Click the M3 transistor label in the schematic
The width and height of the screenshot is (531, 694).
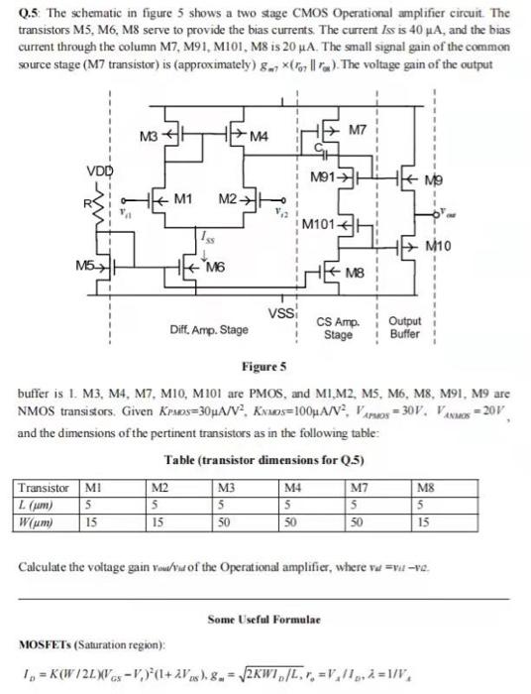(145, 136)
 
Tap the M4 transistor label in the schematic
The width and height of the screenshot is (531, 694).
(259, 136)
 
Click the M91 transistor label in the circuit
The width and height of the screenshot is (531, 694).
(323, 177)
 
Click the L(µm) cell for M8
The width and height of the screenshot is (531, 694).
(421, 503)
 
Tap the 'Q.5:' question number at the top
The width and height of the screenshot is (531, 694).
(31, 13)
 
